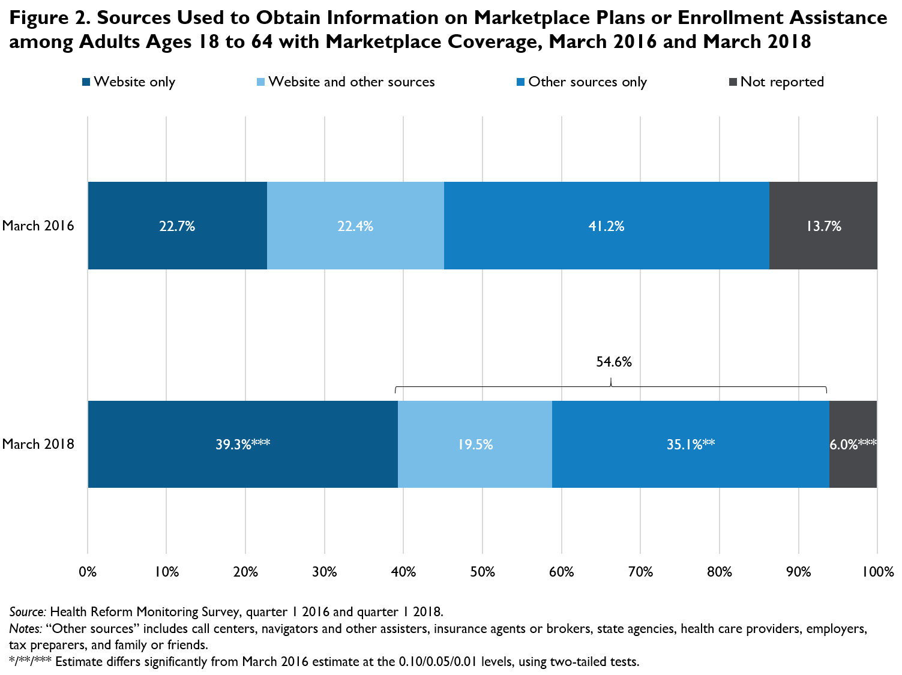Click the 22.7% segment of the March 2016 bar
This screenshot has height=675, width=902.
coord(177,226)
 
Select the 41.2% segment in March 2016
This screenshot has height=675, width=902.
coord(606,226)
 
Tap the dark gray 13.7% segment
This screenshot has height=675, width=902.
coord(823,226)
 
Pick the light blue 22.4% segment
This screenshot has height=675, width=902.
coord(355,226)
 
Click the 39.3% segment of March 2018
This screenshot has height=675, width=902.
coord(242,445)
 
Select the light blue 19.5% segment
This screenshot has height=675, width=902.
coord(475,445)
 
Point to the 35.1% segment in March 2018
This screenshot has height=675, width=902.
coord(690,445)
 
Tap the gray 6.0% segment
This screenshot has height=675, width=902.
coord(853,445)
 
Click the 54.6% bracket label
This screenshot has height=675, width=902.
coord(613,362)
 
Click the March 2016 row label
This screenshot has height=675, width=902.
coord(38,226)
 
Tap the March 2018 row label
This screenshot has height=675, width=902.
coord(38,445)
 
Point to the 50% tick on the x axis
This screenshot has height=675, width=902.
coord(483,572)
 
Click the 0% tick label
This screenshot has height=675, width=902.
coord(88,572)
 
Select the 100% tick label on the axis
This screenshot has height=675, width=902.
coord(877,572)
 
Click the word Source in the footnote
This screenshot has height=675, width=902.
coord(27,612)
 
